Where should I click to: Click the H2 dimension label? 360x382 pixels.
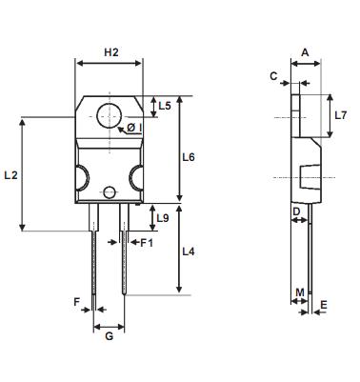click(x=111, y=52)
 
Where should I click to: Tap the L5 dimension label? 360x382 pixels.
click(x=165, y=106)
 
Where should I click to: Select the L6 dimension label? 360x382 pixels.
click(x=189, y=157)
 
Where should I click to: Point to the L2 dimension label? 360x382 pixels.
click(x=11, y=175)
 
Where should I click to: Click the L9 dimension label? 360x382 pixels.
click(x=163, y=218)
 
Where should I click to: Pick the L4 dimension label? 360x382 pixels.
click(x=189, y=251)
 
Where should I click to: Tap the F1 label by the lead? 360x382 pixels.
click(x=147, y=243)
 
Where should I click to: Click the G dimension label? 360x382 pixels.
click(x=109, y=336)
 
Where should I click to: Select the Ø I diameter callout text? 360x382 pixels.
click(x=134, y=128)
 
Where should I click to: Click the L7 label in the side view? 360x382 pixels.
click(x=341, y=115)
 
